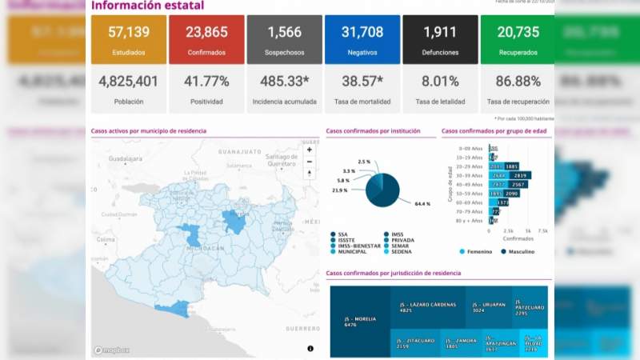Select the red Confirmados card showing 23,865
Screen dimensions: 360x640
click(x=206, y=40)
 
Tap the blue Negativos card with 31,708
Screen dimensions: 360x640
click(x=362, y=40)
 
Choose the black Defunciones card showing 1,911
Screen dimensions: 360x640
click(x=439, y=40)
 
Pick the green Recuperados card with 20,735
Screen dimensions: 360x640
click(x=517, y=40)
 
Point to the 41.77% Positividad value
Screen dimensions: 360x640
click(x=206, y=82)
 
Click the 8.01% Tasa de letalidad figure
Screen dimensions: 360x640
click(x=439, y=82)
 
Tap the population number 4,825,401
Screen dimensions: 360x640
click(x=128, y=82)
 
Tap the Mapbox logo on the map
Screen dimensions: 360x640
click(x=110, y=350)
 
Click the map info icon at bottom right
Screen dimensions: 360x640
click(x=310, y=349)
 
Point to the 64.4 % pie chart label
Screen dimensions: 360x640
click(x=422, y=204)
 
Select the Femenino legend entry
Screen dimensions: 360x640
click(x=478, y=251)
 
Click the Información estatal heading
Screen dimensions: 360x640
click(x=147, y=6)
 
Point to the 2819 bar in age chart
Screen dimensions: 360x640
click(x=520, y=175)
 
